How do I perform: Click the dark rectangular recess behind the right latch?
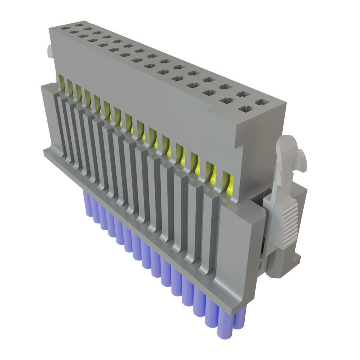pyautogui.click(x=262, y=246)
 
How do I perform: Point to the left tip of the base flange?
pyautogui.click(x=44, y=151)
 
